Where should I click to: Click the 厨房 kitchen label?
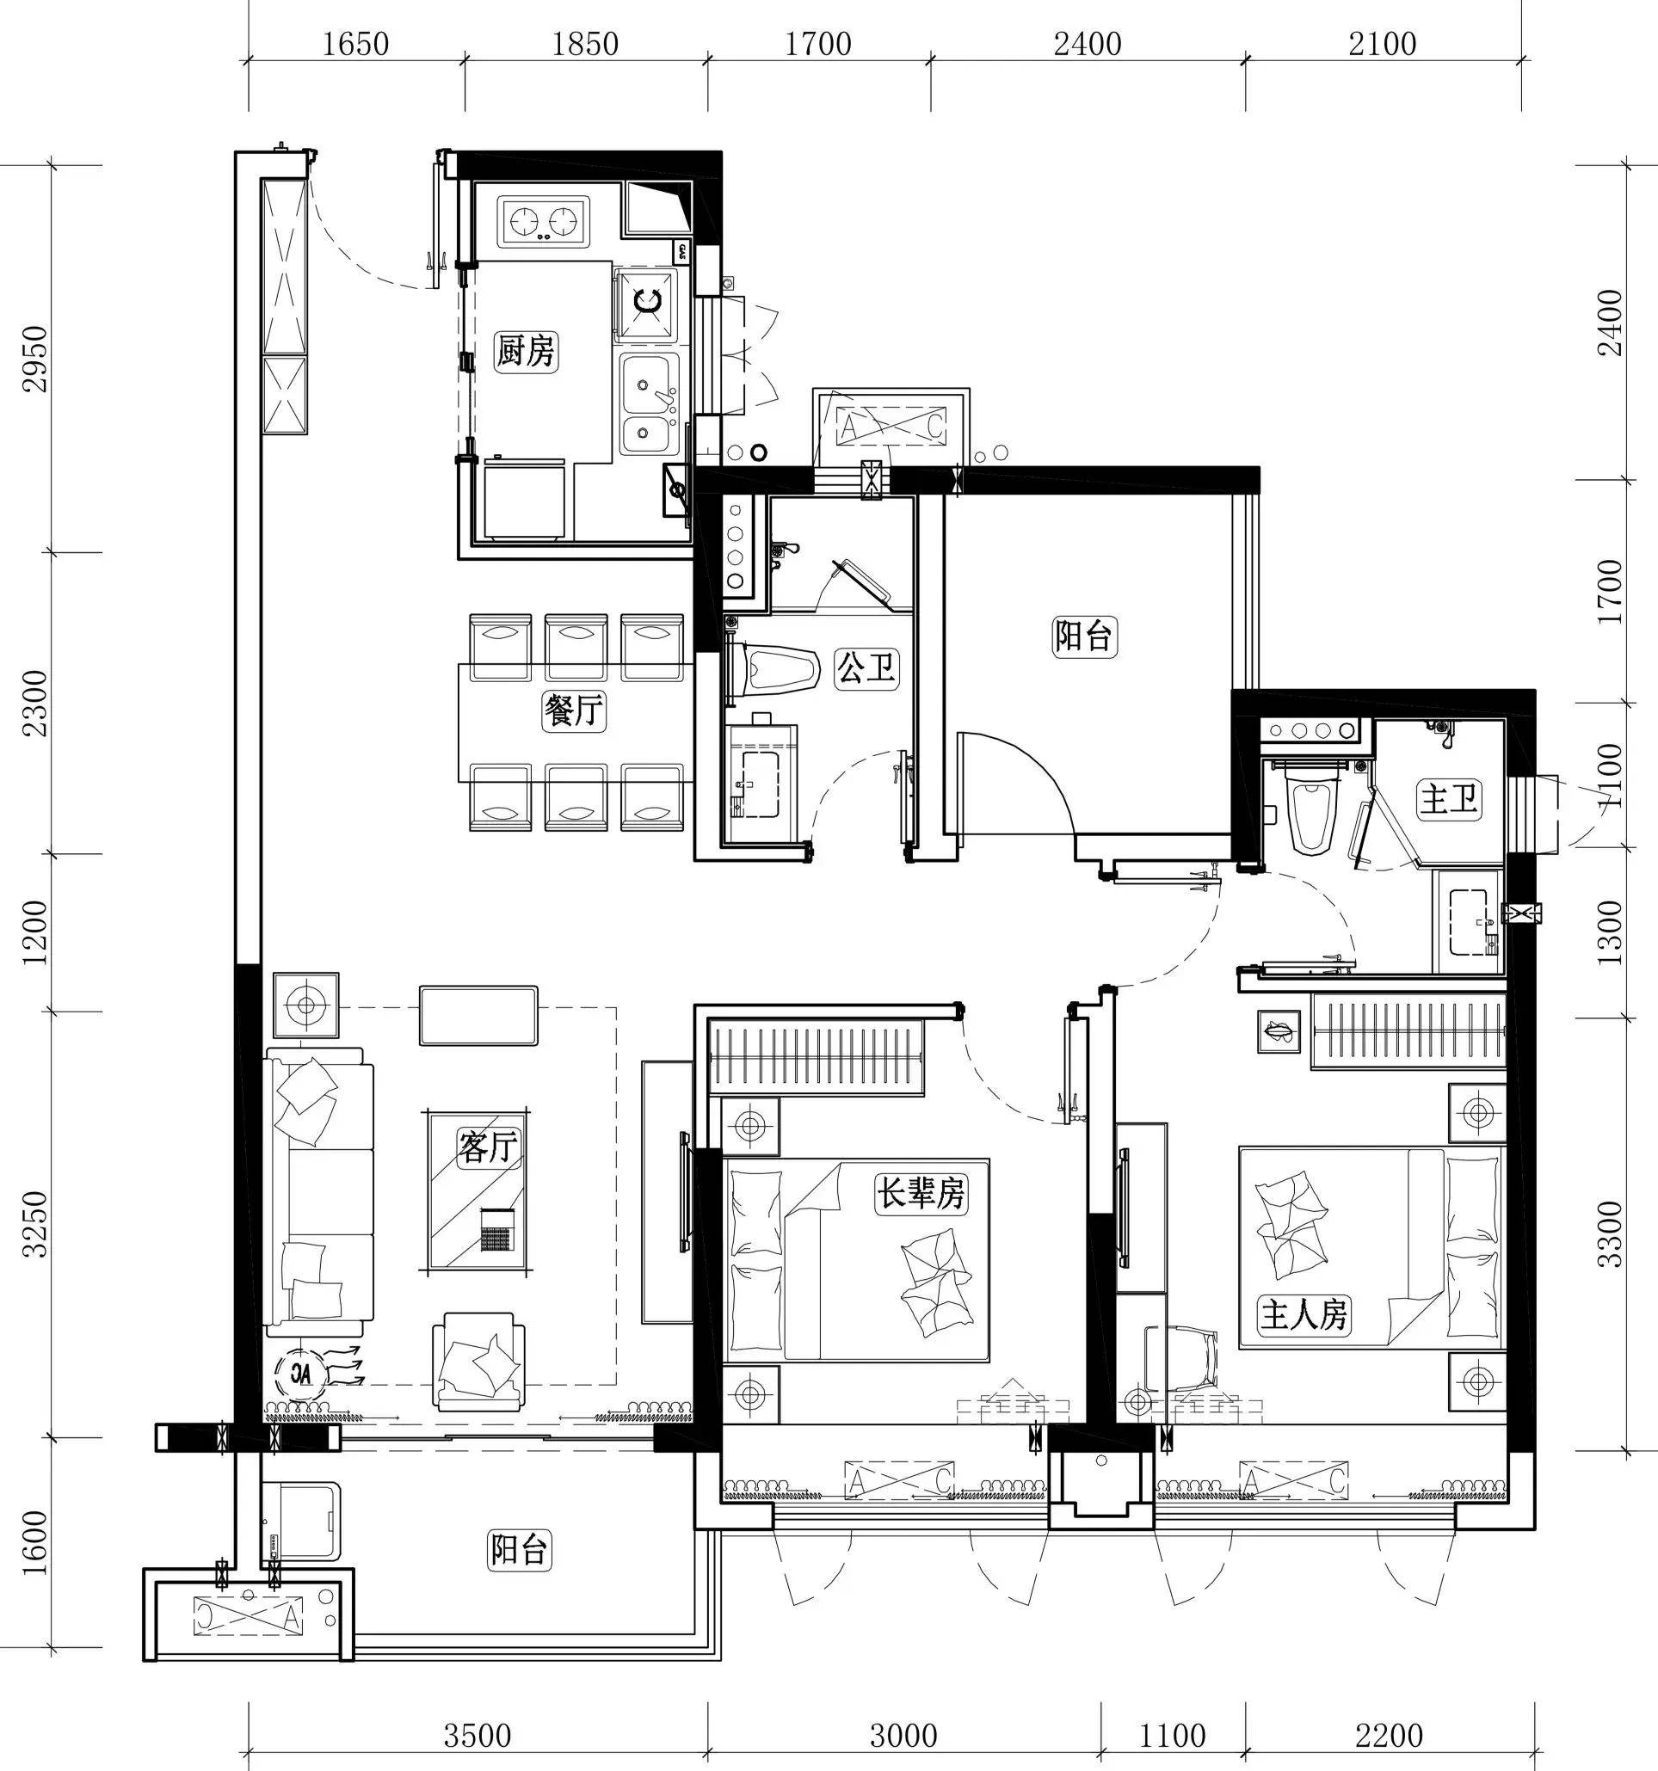pyautogui.click(x=526, y=352)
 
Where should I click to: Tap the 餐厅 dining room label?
pyautogui.click(x=574, y=710)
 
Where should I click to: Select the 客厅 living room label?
pyautogui.click(x=488, y=1147)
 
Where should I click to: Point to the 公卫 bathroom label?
pyautogui.click(x=865, y=667)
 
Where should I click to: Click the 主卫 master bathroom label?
pyautogui.click(x=1449, y=799)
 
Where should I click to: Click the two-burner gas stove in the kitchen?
pyautogui.click(x=545, y=221)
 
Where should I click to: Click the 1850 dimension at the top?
pyautogui.click(x=585, y=45)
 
